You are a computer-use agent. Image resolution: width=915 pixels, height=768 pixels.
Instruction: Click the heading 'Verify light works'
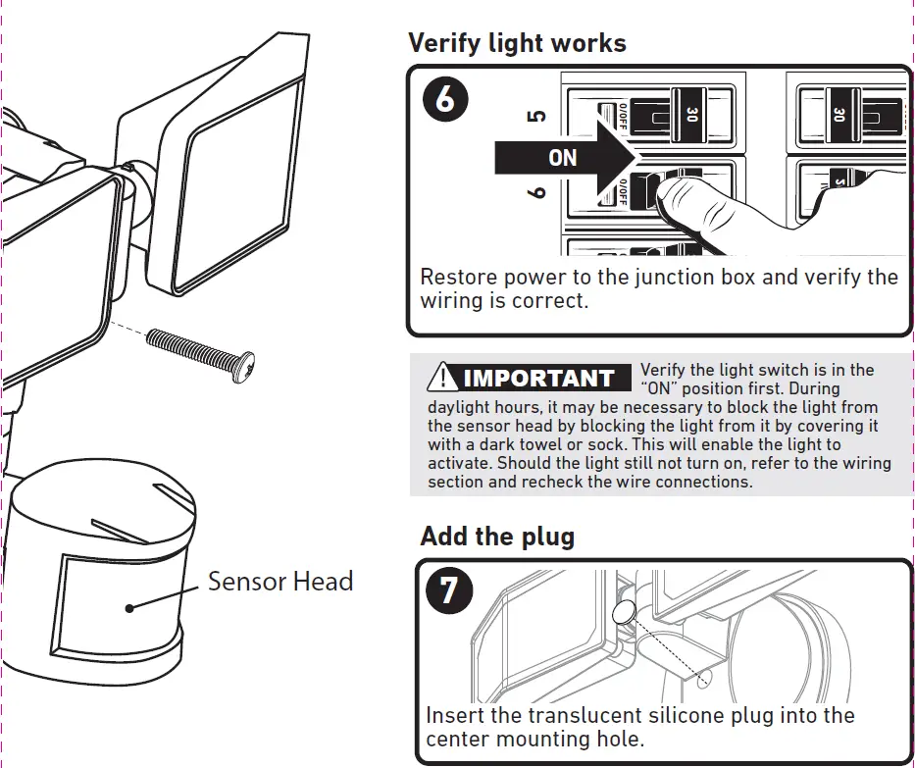(516, 43)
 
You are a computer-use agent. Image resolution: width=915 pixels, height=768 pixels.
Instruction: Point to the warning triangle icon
(443, 378)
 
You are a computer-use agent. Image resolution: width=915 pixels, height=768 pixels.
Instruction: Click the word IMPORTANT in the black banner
(537, 379)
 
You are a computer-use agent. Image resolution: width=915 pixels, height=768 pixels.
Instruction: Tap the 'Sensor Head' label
(280, 582)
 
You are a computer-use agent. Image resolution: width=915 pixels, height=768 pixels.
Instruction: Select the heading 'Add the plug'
(497, 537)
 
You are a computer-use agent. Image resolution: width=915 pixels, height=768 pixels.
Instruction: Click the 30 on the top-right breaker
(839, 115)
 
